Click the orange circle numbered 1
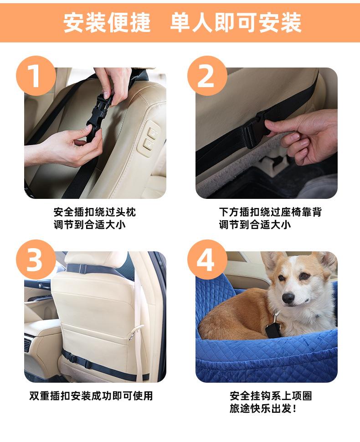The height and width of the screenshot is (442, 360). [36, 76]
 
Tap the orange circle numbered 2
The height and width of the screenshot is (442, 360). [207, 76]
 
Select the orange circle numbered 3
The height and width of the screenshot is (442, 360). [36, 260]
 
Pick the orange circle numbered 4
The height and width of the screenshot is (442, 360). [207, 260]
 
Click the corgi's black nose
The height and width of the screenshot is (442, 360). [288, 298]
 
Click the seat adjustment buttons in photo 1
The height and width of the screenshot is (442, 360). [149, 138]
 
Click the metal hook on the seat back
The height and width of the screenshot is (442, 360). [134, 333]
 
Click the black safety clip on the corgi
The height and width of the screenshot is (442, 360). [273, 327]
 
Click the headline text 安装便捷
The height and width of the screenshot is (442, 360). [107, 22]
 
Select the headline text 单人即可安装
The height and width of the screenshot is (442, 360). [236, 22]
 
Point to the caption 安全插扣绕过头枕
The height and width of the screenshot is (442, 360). [95, 212]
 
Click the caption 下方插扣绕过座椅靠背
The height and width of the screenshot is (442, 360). [270, 212]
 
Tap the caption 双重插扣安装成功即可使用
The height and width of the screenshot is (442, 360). [91, 396]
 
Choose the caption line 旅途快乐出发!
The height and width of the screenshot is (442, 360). [263, 408]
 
